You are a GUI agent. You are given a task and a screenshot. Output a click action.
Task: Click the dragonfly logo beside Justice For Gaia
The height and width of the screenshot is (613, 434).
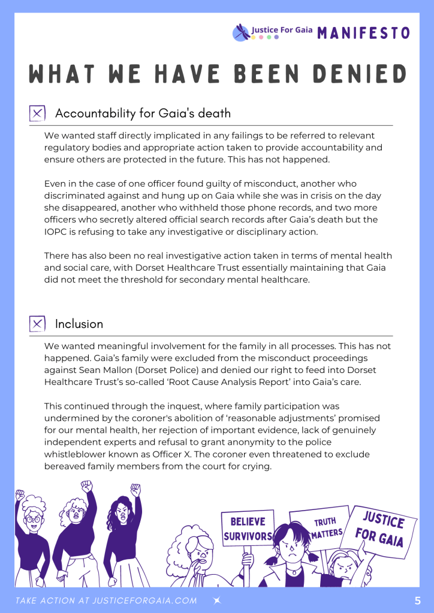click(x=241, y=32)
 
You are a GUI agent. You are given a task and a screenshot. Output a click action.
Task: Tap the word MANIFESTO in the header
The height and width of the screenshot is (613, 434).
click(x=363, y=33)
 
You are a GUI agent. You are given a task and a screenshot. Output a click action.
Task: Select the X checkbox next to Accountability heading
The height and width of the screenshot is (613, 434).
click(x=37, y=113)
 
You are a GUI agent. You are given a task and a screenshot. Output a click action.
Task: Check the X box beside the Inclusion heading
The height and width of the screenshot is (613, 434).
click(x=37, y=324)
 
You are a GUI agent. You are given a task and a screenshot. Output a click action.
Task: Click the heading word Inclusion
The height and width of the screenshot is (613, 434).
click(x=79, y=324)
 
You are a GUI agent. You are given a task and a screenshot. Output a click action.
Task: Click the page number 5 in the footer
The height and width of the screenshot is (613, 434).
click(x=417, y=600)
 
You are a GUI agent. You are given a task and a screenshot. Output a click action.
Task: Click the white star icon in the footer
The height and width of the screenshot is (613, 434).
click(x=217, y=600)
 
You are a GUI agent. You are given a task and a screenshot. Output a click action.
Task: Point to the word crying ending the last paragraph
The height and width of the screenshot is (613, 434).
click(x=258, y=466)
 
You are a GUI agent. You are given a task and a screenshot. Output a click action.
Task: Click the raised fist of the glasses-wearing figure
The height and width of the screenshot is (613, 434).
click(x=20, y=495)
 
